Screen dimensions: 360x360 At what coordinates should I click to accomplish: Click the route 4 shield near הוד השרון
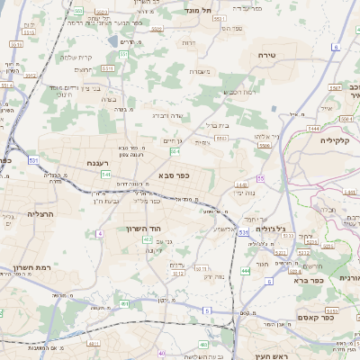[x=100, y=233]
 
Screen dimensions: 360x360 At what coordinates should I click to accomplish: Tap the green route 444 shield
[x=246, y=270]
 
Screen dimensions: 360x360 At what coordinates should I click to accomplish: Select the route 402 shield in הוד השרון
[x=147, y=239]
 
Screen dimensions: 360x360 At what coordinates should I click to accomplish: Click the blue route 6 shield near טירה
[x=335, y=47]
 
